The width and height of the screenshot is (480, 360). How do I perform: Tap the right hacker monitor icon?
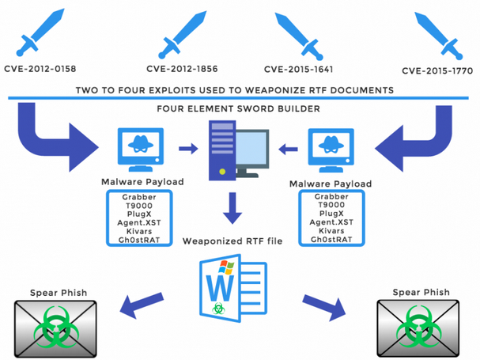coord(331,148)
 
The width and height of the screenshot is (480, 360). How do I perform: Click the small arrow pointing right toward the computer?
coord(188,146)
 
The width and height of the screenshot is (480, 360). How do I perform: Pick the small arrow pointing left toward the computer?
coord(289,147)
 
